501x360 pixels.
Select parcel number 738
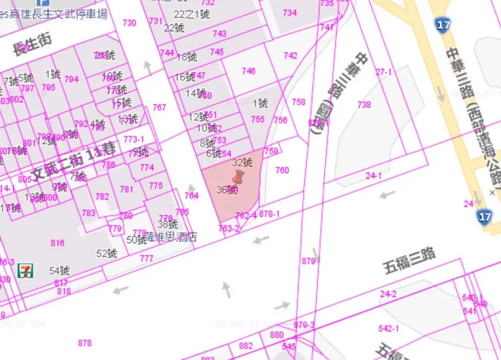(363, 105)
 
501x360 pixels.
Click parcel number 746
(248, 71)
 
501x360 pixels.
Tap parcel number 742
(290, 55)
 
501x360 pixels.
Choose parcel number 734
(289, 13)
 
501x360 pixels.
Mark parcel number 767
(159, 107)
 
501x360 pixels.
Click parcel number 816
(57, 243)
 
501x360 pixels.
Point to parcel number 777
(146, 258)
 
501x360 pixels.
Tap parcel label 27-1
(383, 71)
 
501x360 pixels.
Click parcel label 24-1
(373, 176)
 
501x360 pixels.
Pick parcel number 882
(246, 345)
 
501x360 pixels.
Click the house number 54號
(59, 271)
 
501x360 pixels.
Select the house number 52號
(106, 253)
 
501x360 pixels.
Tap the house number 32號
(242, 162)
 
